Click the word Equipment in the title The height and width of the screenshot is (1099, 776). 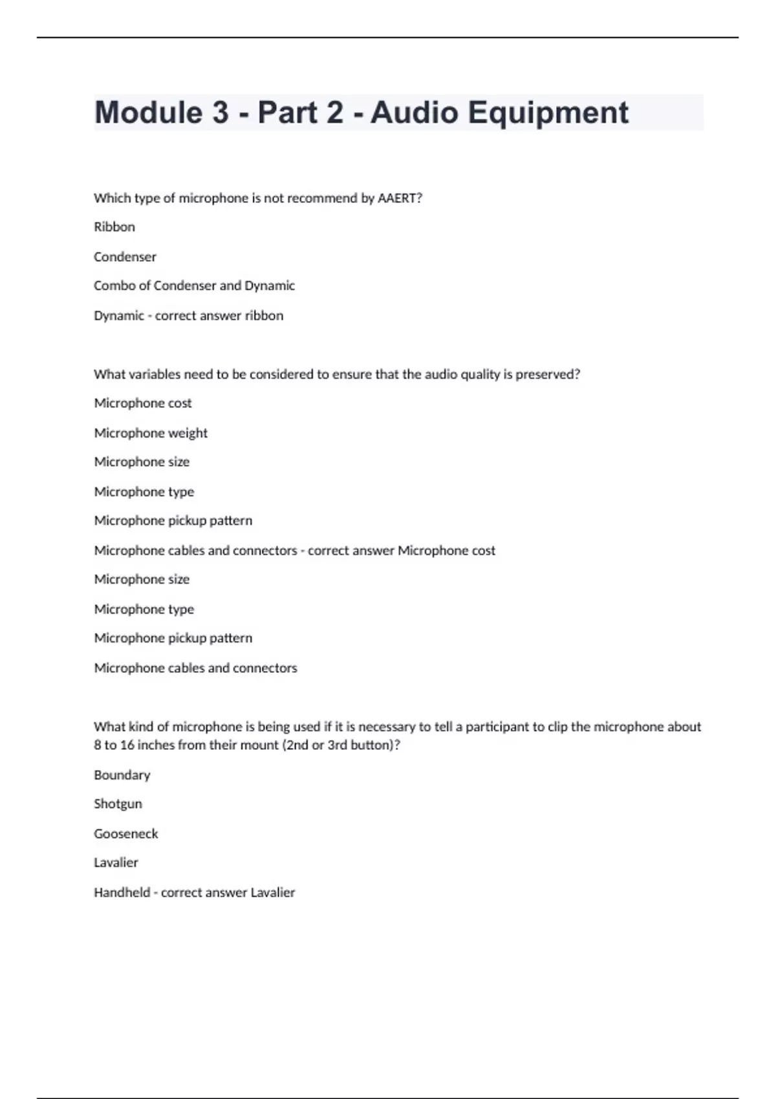coord(548,113)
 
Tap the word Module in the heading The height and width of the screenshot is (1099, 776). coord(149,112)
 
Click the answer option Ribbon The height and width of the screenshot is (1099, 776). coord(114,227)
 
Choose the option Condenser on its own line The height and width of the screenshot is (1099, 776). coord(125,257)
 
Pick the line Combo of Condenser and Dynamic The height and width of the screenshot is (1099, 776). coord(194,286)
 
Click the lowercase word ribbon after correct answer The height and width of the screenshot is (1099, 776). coord(264,315)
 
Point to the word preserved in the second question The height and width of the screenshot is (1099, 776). coord(547,374)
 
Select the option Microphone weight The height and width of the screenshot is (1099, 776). coord(151,433)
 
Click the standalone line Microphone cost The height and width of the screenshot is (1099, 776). coord(143,403)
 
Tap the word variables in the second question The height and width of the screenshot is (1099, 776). coord(155,374)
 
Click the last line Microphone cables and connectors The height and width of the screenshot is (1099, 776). coord(195,668)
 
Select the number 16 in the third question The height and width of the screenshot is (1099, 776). coord(127,745)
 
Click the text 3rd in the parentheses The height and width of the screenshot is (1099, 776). coord(338,745)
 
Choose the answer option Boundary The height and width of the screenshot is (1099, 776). coord(122,775)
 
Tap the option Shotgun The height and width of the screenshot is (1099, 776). coord(118,804)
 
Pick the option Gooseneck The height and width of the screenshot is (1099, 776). coord(125,834)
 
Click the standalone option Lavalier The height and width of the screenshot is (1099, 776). coord(116,862)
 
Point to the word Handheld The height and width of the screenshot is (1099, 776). coord(122,893)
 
